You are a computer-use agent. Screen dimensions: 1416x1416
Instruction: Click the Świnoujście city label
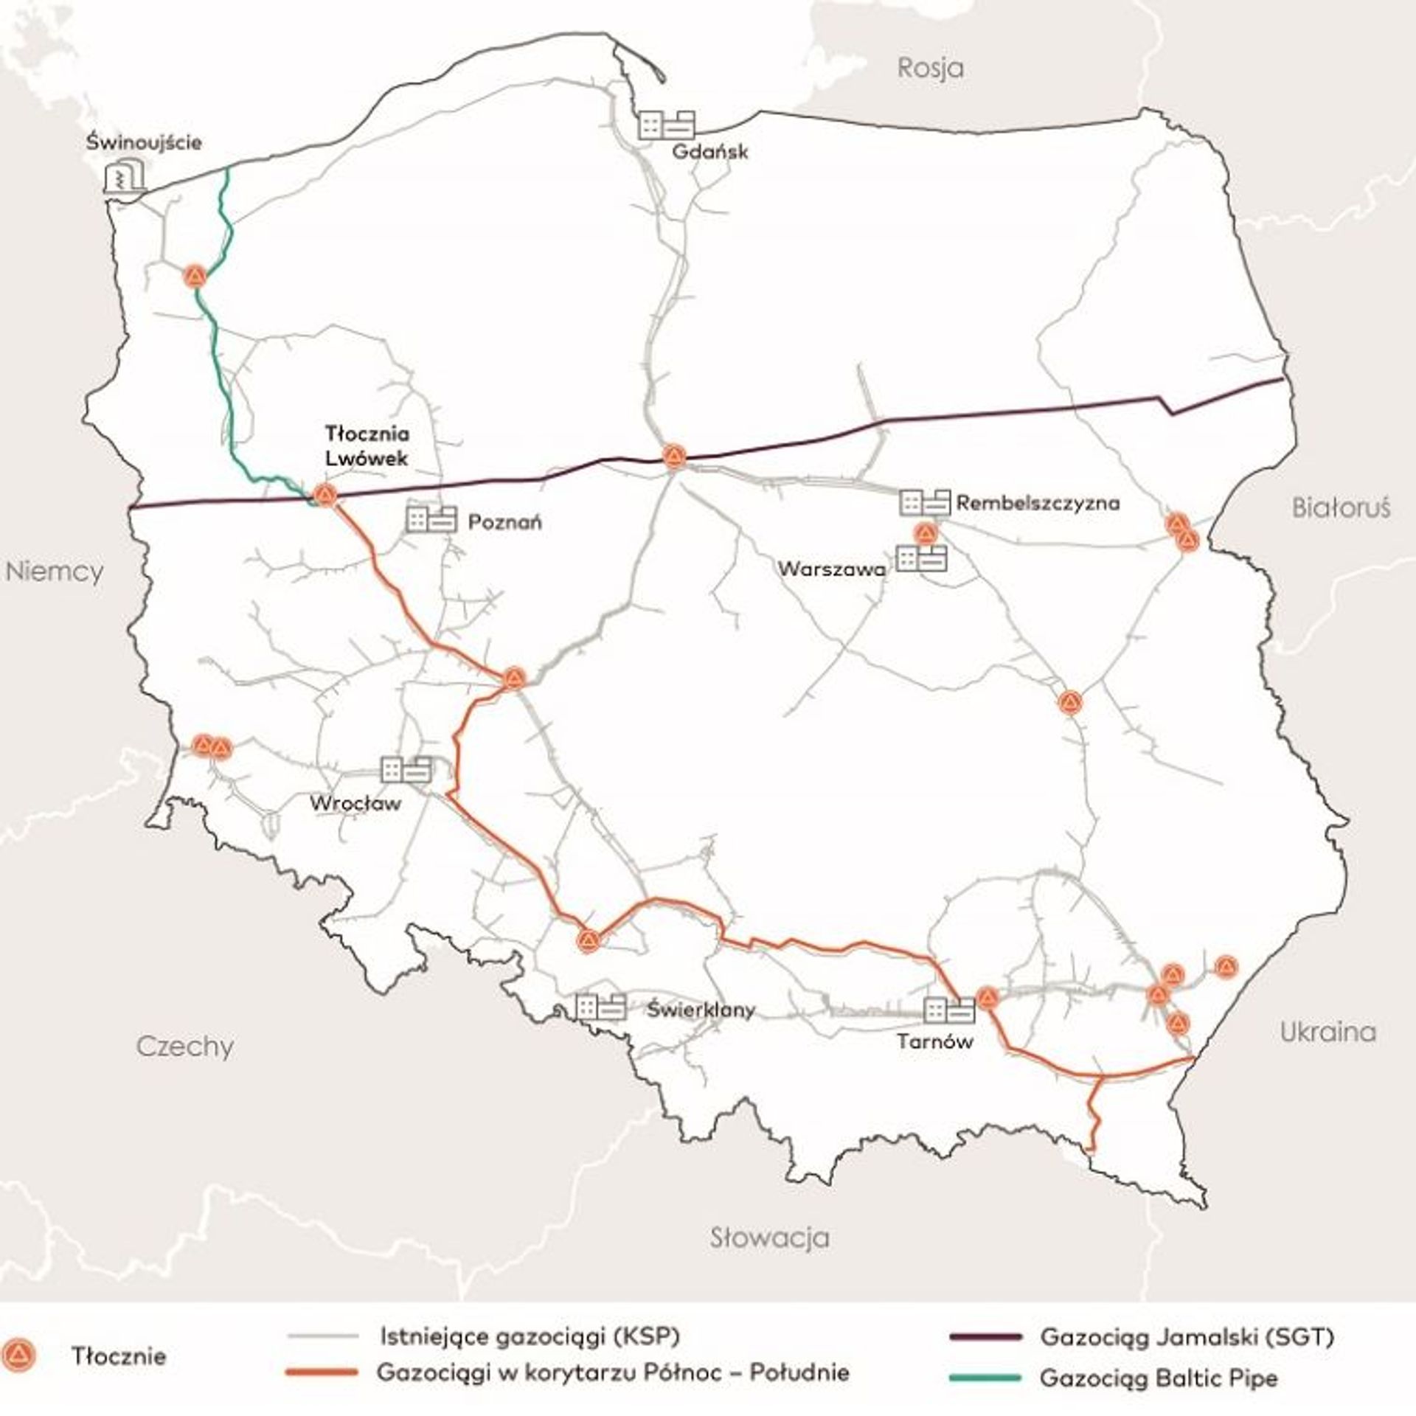[143, 142]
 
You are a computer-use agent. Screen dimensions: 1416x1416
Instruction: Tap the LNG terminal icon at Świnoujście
[125, 177]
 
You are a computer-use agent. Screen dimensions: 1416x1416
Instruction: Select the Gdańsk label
[709, 152]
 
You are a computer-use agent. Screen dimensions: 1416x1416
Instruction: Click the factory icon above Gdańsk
[666, 125]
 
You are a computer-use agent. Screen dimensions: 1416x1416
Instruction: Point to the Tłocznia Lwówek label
[367, 445]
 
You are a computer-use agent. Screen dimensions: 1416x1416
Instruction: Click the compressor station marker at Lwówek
[324, 496]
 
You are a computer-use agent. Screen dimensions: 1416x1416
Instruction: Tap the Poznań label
[505, 522]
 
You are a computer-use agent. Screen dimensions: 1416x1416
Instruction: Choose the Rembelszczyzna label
[1038, 503]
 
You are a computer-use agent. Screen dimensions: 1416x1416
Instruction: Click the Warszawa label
[832, 569]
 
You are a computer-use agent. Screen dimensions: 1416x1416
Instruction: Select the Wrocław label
[355, 802]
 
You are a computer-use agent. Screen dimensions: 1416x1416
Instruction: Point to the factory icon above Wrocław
[406, 769]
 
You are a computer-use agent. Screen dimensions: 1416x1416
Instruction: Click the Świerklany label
[701, 1010]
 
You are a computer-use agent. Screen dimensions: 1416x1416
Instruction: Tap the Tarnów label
[934, 1041]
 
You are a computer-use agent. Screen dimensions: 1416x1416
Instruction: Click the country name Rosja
[930, 68]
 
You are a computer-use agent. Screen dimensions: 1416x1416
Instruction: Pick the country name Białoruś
[1340, 507]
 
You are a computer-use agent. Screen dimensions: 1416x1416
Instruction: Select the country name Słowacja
[769, 1237]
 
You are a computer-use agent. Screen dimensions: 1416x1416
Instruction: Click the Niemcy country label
[55, 572]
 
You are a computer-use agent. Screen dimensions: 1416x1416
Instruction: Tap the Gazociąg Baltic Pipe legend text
[1158, 1378]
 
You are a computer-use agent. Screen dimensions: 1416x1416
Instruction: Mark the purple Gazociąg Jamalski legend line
[986, 1336]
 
